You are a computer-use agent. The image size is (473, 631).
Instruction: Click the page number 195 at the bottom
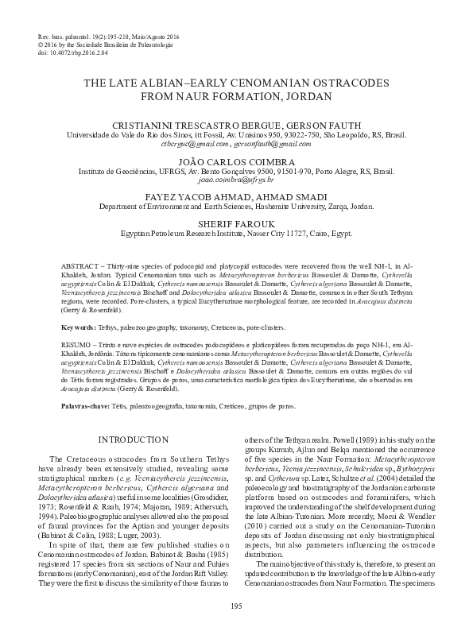point(236,607)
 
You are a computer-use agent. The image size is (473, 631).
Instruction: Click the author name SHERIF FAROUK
point(236,225)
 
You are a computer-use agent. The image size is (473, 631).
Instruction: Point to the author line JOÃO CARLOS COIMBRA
point(236,161)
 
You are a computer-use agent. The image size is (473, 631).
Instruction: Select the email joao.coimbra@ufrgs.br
point(236,181)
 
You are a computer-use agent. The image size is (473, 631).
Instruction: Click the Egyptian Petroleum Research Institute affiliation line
point(236,234)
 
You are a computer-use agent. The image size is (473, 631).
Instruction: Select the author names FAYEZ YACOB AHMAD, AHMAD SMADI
point(236,194)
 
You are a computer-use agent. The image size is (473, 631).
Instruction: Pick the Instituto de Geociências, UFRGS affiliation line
point(236,172)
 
